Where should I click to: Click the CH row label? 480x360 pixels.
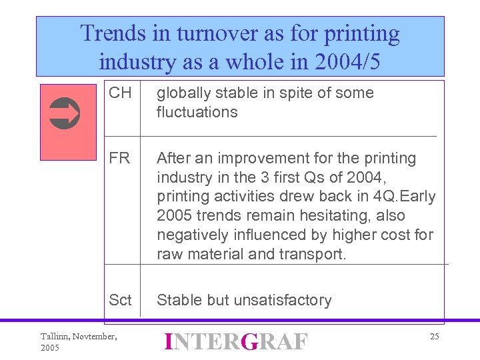tap(120, 93)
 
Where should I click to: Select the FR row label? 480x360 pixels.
tap(120, 158)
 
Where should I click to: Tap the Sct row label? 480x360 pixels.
tap(120, 300)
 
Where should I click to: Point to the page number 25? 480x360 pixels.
tap(434, 337)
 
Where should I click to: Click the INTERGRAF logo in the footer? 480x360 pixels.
tap(236, 342)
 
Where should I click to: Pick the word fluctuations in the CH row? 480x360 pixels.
tap(197, 112)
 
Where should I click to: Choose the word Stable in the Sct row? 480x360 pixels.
tap(178, 300)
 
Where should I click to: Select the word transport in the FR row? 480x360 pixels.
tap(313, 254)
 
